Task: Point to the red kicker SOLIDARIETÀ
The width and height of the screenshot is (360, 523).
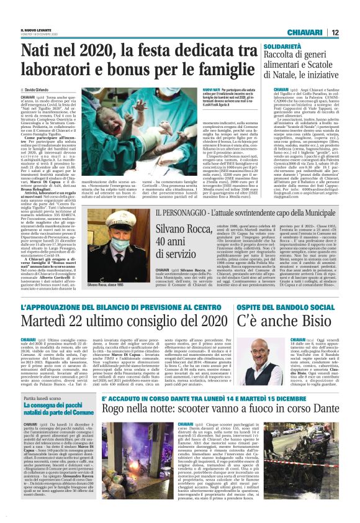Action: click(282, 47)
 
